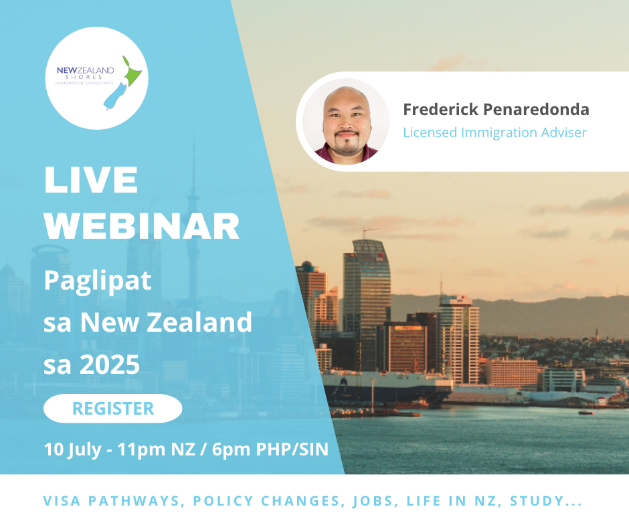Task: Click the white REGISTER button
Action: (112, 408)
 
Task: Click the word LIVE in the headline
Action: (91, 180)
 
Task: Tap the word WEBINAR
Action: (142, 226)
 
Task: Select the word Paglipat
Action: (98, 280)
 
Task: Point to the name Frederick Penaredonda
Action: (497, 110)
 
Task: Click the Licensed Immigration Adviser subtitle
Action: (495, 132)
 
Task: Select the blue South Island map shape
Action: (114, 97)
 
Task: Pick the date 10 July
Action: (73, 449)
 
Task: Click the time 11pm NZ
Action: (156, 449)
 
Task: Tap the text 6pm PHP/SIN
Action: (270, 449)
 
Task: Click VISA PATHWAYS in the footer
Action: (112, 501)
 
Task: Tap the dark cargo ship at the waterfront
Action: (385, 387)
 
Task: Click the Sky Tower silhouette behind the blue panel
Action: (194, 225)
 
